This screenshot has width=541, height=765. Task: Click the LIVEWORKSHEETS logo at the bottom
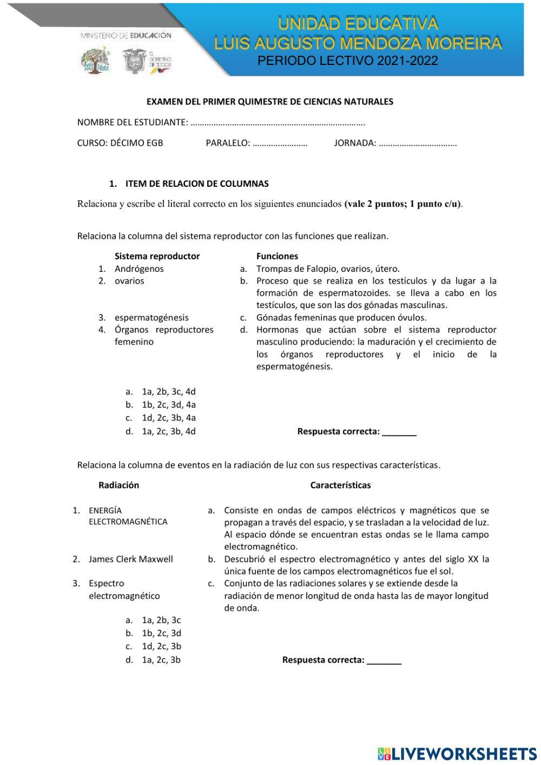(x=457, y=754)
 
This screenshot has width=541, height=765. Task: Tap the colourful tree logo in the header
(x=95, y=60)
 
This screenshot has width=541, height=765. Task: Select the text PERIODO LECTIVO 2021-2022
(x=347, y=61)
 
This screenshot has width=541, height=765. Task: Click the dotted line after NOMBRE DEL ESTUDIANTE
(x=278, y=122)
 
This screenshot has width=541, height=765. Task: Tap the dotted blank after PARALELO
(x=280, y=143)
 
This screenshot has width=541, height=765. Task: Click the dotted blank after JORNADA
(x=417, y=143)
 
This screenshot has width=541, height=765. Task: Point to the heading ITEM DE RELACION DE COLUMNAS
(x=197, y=184)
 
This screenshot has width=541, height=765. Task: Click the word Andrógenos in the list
(x=139, y=269)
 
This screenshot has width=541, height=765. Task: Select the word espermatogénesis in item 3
(x=151, y=317)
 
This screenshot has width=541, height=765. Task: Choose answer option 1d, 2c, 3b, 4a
(x=169, y=417)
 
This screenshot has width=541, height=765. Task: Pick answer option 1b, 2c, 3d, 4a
(x=169, y=404)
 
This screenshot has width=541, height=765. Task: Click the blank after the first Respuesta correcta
(x=399, y=432)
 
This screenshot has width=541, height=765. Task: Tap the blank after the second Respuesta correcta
(x=384, y=661)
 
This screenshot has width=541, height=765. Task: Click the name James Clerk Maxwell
(x=131, y=559)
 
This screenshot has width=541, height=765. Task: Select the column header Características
(x=340, y=485)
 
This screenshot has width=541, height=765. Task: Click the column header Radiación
(x=118, y=485)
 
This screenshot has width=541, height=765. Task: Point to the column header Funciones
(x=277, y=256)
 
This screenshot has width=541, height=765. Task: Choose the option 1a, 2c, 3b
(x=161, y=659)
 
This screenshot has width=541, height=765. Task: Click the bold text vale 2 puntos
(x=379, y=204)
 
